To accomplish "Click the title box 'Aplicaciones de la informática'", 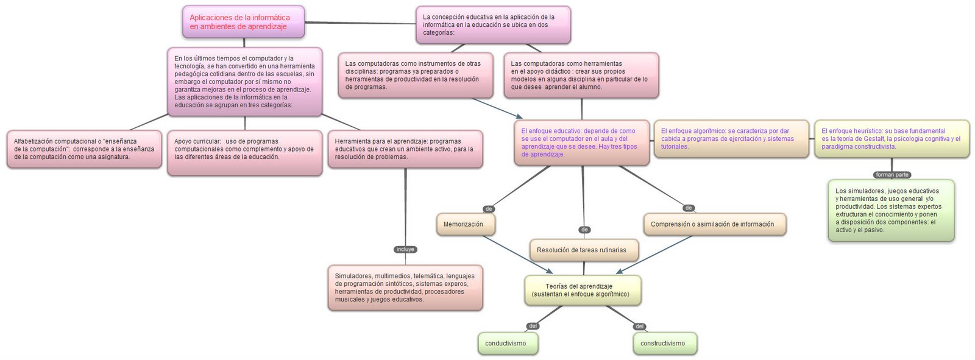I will tap(243, 22).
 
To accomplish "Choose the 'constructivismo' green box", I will tap(664, 344).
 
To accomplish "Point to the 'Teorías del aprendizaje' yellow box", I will tap(582, 290).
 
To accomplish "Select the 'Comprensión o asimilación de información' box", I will tap(714, 224).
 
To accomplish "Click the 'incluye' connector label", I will tap(405, 249).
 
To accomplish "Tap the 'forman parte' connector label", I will tap(892, 175).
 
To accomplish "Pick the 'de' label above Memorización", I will tap(489, 209).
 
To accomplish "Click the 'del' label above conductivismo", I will tap(533, 326).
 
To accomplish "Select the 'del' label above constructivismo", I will tap(639, 326).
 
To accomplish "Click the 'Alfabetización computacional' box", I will tap(84, 149).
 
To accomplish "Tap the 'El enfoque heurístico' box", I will tap(891, 139).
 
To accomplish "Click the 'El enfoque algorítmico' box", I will tap(731, 139).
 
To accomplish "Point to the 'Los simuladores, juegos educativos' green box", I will tap(890, 210).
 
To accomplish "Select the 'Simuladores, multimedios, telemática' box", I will tap(405, 288).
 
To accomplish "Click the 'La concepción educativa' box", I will tap(493, 25).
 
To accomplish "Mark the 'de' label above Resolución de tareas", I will tap(584, 230).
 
